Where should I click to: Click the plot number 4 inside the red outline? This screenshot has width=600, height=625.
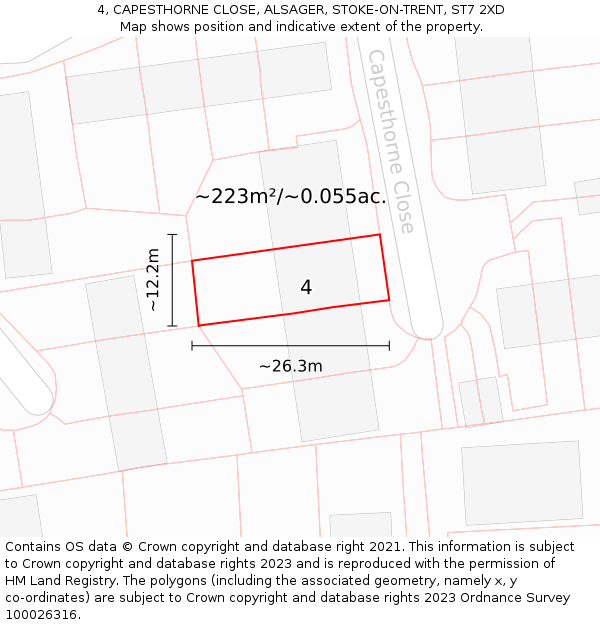(306, 288)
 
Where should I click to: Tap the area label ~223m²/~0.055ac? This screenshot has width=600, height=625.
(291, 197)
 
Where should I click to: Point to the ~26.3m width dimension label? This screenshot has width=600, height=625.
(291, 367)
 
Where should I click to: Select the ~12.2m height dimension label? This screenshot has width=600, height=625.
(153, 280)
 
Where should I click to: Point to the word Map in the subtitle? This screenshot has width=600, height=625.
(134, 27)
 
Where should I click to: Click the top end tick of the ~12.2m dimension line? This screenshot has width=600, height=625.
(173, 235)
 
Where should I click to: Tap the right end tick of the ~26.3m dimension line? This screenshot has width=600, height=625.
(390, 346)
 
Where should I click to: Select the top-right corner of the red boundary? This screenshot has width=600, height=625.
(380, 235)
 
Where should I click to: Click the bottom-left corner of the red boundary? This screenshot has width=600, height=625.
(199, 325)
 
